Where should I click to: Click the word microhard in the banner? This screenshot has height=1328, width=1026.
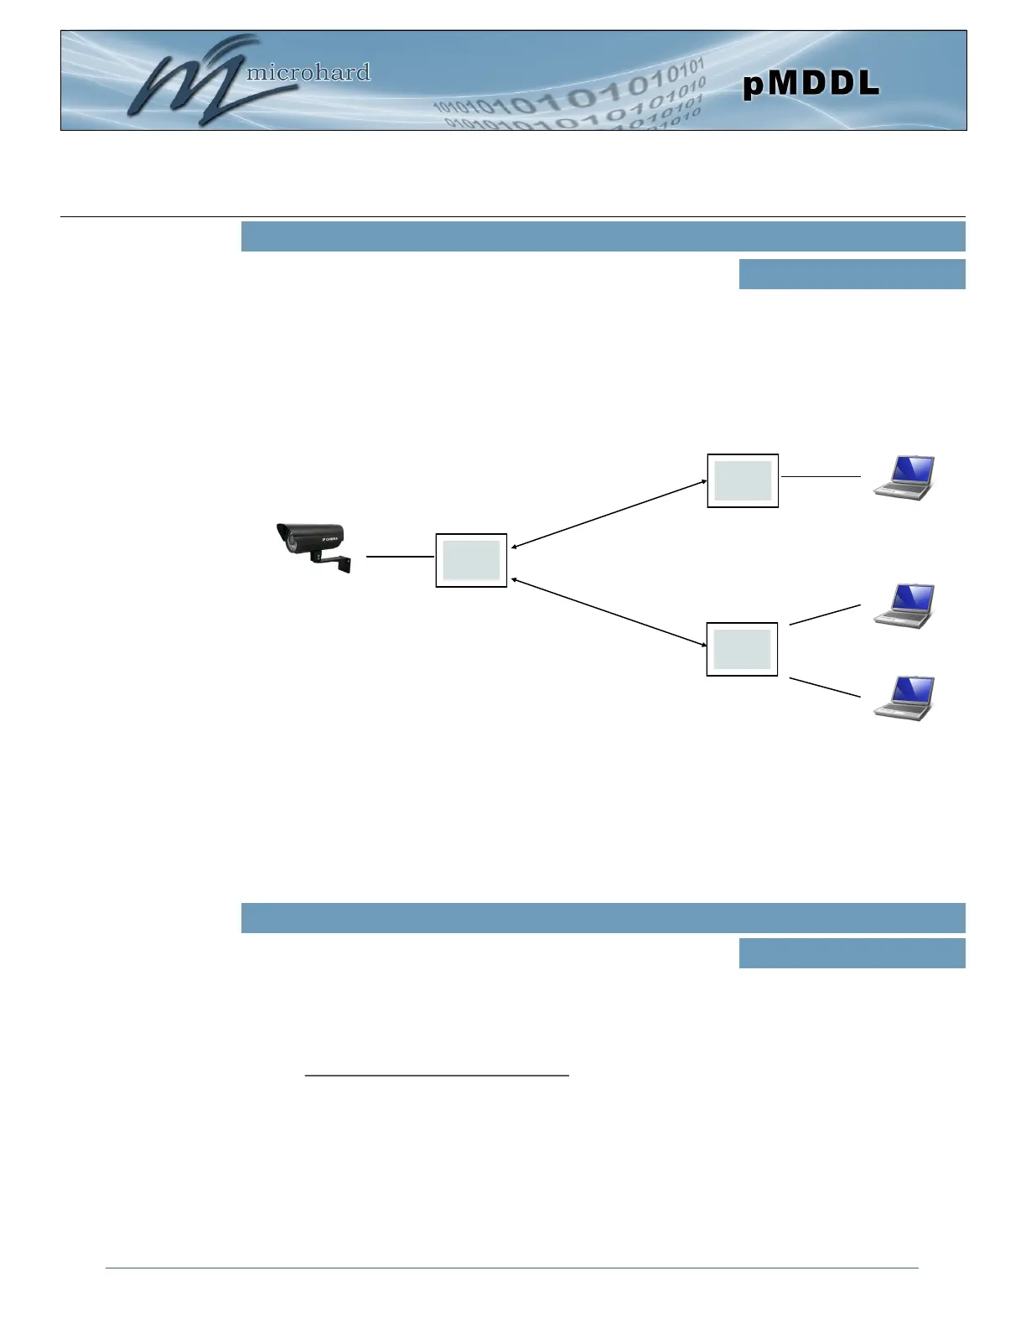(308, 73)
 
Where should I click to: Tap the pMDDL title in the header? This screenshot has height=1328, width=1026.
(811, 84)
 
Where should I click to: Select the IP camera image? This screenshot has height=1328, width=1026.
(312, 545)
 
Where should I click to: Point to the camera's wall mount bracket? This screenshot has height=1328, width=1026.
(335, 561)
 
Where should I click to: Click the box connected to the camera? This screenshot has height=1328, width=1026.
(471, 560)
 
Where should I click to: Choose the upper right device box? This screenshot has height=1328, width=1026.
(743, 480)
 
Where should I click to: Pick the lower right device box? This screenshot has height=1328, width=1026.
(742, 649)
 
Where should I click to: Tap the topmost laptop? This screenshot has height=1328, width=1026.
(904, 478)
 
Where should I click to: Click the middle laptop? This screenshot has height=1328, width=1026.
(904, 605)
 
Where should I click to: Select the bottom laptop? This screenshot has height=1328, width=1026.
(904, 698)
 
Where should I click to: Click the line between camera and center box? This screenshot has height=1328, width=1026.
(401, 556)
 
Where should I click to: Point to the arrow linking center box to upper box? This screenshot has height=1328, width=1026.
(609, 515)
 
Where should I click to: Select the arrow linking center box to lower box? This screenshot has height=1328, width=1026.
(609, 612)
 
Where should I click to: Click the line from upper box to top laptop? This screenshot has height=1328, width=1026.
(821, 476)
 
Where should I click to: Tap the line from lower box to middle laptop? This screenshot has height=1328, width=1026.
(825, 614)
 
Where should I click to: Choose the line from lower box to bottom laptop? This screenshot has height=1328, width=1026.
(825, 687)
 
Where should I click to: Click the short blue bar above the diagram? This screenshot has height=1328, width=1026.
(852, 274)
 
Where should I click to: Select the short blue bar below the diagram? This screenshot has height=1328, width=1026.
(852, 953)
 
